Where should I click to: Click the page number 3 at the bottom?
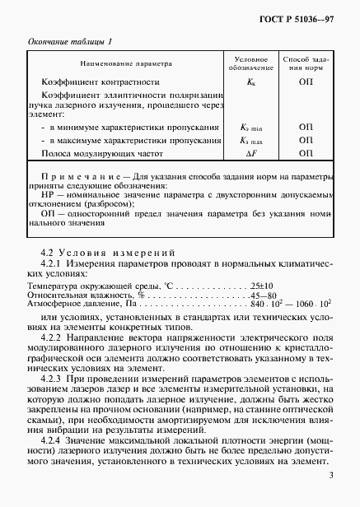[x=330, y=474]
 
